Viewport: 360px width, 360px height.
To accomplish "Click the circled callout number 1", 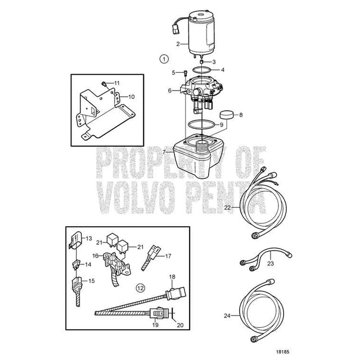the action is [x=164, y=59].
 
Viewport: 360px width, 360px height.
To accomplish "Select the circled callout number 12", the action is [x=141, y=287].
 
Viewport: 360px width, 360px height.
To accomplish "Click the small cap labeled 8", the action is [x=227, y=115].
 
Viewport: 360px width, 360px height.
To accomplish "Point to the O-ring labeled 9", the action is [x=201, y=124].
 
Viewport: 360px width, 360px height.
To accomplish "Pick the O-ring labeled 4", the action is [x=201, y=70].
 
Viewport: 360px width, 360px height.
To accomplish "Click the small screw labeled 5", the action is [x=186, y=73].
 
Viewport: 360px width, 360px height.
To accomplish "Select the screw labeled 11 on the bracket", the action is [x=103, y=83].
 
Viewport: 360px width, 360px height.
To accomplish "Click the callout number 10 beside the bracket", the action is [x=131, y=97].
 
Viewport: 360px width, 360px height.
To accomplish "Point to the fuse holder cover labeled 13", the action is [x=75, y=240].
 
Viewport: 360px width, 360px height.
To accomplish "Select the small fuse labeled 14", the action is [x=76, y=264].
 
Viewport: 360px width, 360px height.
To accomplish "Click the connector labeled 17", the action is [x=152, y=257].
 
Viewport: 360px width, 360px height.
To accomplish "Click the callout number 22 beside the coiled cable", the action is [x=227, y=208].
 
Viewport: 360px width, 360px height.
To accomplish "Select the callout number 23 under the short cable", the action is [x=271, y=263].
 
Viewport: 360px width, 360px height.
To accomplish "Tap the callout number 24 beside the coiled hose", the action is [x=227, y=316].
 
